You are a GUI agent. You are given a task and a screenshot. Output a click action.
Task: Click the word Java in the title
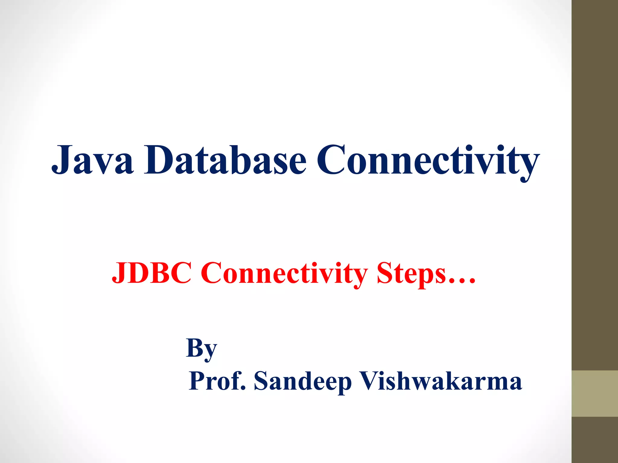click(x=92, y=160)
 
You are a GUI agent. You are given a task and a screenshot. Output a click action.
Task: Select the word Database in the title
click(x=225, y=160)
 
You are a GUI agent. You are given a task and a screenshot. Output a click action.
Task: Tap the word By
click(x=202, y=348)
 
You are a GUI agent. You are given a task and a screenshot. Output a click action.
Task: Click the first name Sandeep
click(x=303, y=381)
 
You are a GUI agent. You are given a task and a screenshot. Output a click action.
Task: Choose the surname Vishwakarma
click(x=441, y=381)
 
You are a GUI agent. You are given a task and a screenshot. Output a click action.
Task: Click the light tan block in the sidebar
click(x=595, y=393)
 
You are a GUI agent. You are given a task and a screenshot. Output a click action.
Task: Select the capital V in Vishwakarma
click(x=372, y=380)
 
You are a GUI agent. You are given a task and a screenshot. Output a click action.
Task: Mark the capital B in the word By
click(x=194, y=347)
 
